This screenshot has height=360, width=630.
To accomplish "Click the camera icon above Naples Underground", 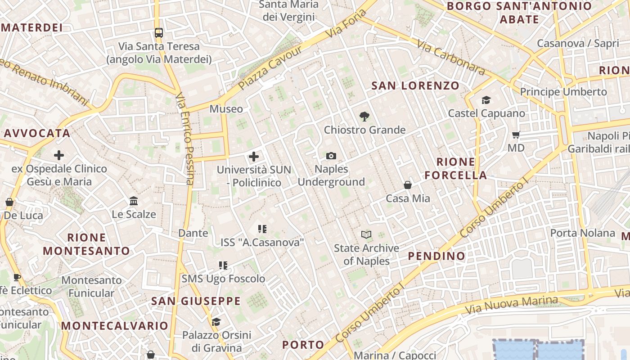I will click(331, 156).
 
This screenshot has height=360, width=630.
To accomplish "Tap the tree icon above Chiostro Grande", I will click(364, 117).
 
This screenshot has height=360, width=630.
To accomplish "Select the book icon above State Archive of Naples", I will click(367, 234).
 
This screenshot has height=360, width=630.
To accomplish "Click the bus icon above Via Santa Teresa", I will click(158, 32).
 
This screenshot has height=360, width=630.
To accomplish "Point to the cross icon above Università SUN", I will click(254, 157).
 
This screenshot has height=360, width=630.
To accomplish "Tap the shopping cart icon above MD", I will click(516, 135).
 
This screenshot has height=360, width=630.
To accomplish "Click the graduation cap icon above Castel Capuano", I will click(486, 100).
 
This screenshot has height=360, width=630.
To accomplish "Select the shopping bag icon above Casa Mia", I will click(408, 185).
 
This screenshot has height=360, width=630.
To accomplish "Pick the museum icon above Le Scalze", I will click(134, 201).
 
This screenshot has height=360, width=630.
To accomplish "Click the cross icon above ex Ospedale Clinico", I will click(59, 155).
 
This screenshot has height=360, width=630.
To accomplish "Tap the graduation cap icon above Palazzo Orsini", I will click(216, 322).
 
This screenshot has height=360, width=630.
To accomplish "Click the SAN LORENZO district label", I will click(415, 85).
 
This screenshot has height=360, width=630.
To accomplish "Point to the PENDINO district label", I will click(436, 256).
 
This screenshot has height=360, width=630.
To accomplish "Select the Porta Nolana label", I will click(583, 233).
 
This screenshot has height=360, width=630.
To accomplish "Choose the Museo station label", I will click(226, 109).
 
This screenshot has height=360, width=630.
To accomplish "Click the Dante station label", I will click(193, 233).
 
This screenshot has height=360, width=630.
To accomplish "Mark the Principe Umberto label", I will click(563, 92).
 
